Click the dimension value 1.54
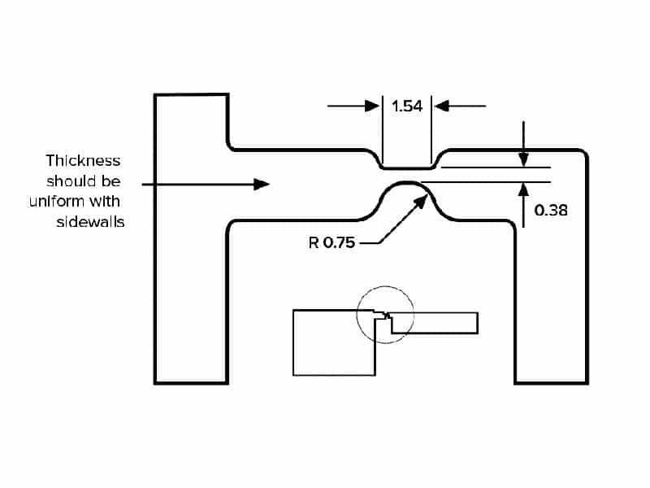tap(407, 106)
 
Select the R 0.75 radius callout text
tap(331, 242)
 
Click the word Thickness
tap(83, 160)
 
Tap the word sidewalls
tap(90, 221)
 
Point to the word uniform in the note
tap(68, 201)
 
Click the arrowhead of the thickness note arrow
tap(262, 185)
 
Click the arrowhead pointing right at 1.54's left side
tap(374, 106)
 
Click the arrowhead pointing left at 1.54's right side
tap(441, 106)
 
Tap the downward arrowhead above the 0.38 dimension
tap(524, 159)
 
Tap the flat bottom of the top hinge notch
tap(406, 168)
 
